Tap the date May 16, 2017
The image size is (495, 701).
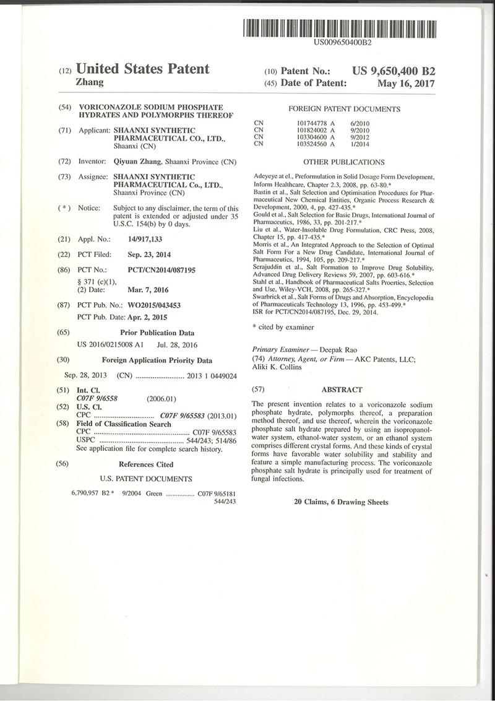point(406,84)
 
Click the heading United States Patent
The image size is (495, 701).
point(142,69)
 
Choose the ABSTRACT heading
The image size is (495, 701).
point(342,390)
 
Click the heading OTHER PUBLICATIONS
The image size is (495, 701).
point(343,162)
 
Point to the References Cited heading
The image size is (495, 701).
point(147,464)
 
